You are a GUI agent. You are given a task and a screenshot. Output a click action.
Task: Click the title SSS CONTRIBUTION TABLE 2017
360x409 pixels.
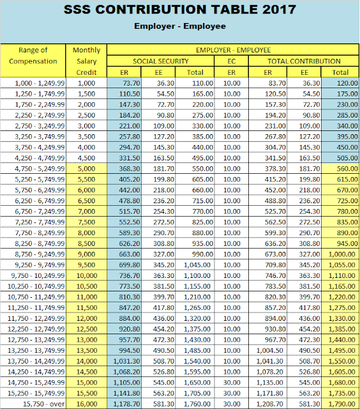pos(180,10)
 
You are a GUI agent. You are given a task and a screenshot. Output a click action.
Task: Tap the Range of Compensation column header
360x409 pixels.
pos(33,56)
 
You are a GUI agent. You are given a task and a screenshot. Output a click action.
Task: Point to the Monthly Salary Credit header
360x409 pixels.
pos(86,61)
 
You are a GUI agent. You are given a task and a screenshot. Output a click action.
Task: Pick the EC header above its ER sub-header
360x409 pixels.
pos(232,61)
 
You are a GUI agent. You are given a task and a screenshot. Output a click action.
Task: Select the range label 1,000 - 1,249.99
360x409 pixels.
pos(38,82)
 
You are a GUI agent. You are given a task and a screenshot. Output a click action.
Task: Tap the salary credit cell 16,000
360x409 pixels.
pos(86,404)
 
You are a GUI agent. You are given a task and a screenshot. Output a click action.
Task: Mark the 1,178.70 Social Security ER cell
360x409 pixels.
pos(126,404)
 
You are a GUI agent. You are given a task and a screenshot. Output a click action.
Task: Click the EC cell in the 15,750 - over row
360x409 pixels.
pos(232,404)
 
